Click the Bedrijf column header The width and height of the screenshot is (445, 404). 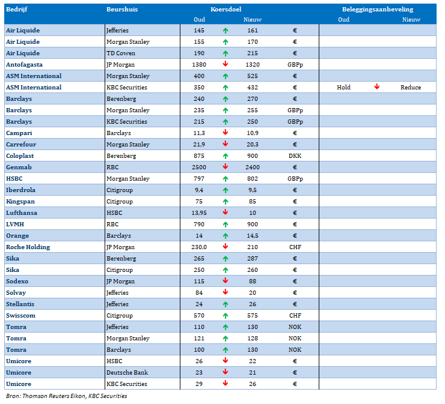(x=16, y=10)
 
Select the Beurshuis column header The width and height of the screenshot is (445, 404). (x=122, y=10)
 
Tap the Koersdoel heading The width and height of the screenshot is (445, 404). (x=226, y=10)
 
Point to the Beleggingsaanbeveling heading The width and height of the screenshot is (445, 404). (x=378, y=10)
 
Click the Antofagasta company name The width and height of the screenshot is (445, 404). (x=25, y=65)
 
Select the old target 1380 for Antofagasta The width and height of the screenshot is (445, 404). (x=199, y=65)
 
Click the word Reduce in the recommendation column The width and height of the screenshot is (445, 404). (x=411, y=87)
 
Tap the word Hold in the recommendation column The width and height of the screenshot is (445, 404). (x=344, y=87)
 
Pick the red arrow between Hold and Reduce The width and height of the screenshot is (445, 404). (x=377, y=86)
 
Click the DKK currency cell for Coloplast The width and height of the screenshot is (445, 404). (x=295, y=156)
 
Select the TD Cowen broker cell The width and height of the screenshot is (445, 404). (x=121, y=53)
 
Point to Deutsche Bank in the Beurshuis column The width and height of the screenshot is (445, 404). (x=127, y=373)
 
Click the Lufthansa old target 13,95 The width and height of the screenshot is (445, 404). (x=199, y=213)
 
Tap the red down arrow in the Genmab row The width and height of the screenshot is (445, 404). (x=226, y=167)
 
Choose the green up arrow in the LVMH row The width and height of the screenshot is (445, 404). (x=226, y=225)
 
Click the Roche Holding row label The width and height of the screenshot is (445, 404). (x=28, y=247)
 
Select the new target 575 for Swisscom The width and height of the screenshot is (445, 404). (x=253, y=316)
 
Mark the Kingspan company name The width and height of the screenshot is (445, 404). (x=20, y=202)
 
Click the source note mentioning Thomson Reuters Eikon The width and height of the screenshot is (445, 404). (x=67, y=396)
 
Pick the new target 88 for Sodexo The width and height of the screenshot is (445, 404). (x=253, y=282)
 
